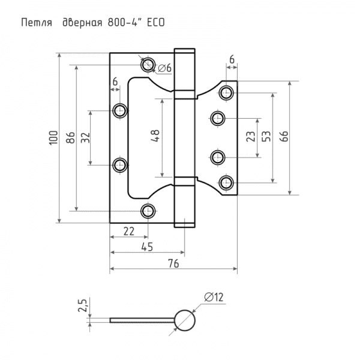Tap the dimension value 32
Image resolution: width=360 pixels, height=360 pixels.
click(85, 137)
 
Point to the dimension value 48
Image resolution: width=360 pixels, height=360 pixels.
click(155, 137)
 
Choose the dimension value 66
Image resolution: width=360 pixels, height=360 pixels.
click(283, 137)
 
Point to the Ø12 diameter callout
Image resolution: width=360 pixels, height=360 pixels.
click(214, 296)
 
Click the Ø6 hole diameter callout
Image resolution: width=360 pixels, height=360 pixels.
click(166, 68)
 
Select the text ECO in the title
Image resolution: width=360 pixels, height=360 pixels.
click(152, 23)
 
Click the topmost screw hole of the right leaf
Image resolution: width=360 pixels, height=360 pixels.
click(226, 92)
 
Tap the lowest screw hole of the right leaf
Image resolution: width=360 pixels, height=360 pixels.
click(226, 182)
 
